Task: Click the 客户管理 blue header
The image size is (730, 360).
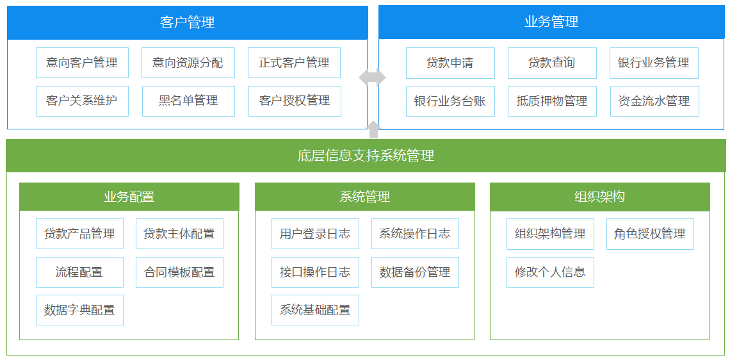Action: point(188,22)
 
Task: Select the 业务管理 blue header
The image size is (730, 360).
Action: point(551,22)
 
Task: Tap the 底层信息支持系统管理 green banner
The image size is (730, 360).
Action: point(366,156)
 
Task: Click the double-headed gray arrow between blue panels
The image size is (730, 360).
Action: point(372,78)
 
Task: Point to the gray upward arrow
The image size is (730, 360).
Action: point(373,129)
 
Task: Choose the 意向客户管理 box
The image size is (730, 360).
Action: point(82,62)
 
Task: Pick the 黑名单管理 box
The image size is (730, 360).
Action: point(188,101)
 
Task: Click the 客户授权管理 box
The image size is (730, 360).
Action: point(294,101)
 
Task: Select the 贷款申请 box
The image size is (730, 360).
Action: point(450,63)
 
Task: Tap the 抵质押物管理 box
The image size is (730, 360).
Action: point(552,101)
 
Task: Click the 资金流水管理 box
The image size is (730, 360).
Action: point(654,101)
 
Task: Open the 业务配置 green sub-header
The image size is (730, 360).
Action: point(129,197)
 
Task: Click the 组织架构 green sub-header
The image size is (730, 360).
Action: point(599,197)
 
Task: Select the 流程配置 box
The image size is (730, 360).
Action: point(79,272)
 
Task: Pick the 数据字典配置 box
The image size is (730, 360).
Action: point(79,309)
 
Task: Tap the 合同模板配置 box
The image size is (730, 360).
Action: point(179,272)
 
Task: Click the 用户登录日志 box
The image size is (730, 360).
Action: point(315,234)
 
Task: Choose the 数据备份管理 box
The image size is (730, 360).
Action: point(415,272)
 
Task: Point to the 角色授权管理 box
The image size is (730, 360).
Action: point(650,234)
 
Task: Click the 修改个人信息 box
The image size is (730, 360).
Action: point(550,272)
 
